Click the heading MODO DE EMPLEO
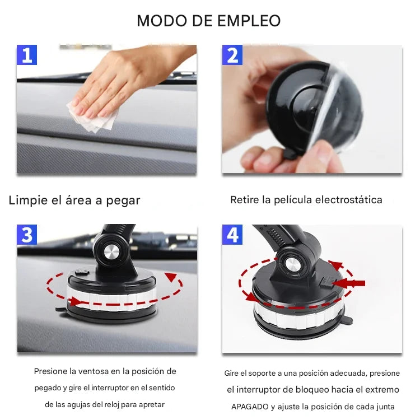(x=209, y=21)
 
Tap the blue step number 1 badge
(x=27, y=55)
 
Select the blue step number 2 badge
(x=232, y=55)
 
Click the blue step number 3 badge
(x=27, y=235)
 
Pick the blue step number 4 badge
(x=232, y=235)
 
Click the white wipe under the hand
(x=92, y=116)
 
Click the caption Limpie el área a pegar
(x=74, y=200)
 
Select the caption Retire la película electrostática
(x=306, y=200)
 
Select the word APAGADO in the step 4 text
(x=250, y=407)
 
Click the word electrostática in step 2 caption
(x=349, y=200)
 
